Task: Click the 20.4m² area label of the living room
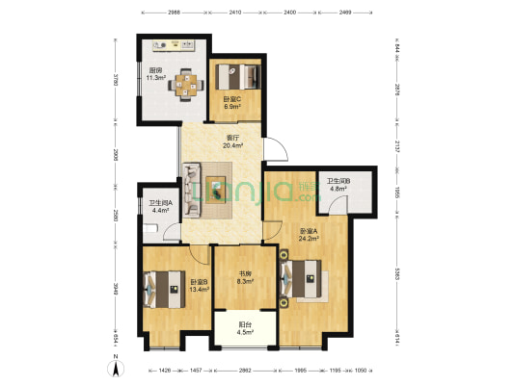[x=233, y=146]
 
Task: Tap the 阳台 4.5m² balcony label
[x=246, y=329]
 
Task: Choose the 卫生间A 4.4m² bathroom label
[x=160, y=206]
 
